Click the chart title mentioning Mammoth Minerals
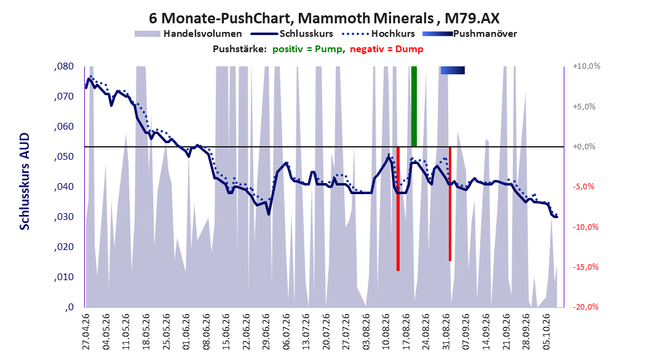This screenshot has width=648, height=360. point(324,18)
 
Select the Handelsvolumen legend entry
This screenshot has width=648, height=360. point(188,34)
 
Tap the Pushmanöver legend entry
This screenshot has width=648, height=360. point(470,34)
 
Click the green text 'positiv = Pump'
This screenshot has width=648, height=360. point(307,49)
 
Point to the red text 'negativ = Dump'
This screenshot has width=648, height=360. point(387,49)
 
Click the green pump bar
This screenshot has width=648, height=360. point(414,106)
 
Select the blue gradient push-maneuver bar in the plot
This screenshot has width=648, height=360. point(452,71)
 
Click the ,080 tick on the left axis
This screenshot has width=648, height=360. point(64,66)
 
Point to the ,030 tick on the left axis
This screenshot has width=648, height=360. point(64,217)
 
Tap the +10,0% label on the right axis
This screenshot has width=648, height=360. point(587,66)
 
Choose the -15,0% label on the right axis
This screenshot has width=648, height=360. point(585,267)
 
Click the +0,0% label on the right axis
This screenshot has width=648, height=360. point(584,147)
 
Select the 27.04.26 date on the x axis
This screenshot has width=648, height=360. point(86,332)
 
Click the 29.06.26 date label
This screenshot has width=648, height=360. point(266,332)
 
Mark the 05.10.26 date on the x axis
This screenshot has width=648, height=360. point(547,332)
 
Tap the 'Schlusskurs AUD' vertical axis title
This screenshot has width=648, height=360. point(25,181)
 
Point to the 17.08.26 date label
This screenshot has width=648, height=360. point(406,332)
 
